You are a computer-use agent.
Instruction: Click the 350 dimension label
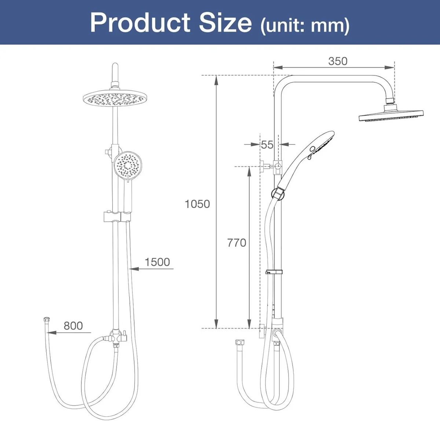tap(337, 61)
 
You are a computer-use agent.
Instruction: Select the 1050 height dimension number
tap(197, 204)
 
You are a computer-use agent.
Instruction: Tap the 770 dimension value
tap(236, 243)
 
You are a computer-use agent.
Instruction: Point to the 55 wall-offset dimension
tap(267, 145)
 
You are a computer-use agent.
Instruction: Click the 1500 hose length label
tap(157, 262)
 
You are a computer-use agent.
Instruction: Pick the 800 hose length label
tap(73, 326)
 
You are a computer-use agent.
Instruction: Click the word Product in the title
tap(141, 23)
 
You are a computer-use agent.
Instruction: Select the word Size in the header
tap(225, 23)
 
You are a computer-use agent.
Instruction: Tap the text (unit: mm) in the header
tap(305, 26)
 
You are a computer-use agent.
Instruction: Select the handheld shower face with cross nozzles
tap(127, 166)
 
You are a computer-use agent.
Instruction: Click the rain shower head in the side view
tap(391, 116)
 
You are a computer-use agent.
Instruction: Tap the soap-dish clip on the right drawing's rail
tap(274, 272)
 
